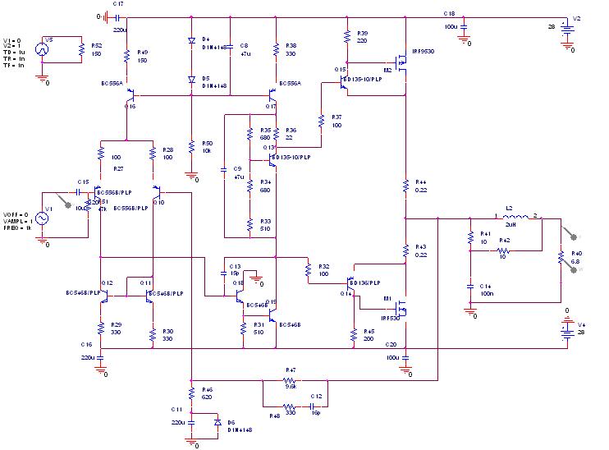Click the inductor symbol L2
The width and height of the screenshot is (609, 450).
pyautogui.click(x=515, y=218)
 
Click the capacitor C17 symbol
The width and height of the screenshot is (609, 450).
pyautogui.click(x=117, y=16)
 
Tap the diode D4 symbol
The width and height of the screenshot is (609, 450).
pyautogui.click(x=190, y=39)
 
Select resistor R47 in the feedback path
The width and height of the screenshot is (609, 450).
pyautogui.click(x=289, y=381)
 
